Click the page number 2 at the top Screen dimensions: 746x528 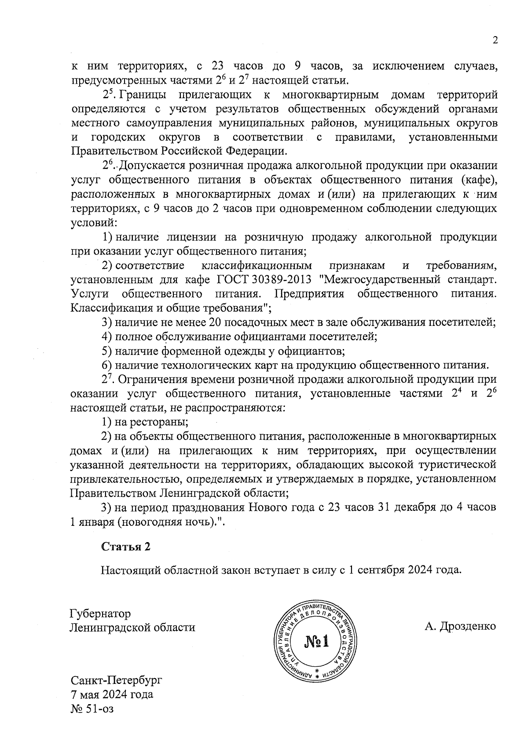(x=495, y=41)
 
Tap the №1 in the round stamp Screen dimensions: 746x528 (x=316, y=641)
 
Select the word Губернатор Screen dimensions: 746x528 (x=100, y=613)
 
